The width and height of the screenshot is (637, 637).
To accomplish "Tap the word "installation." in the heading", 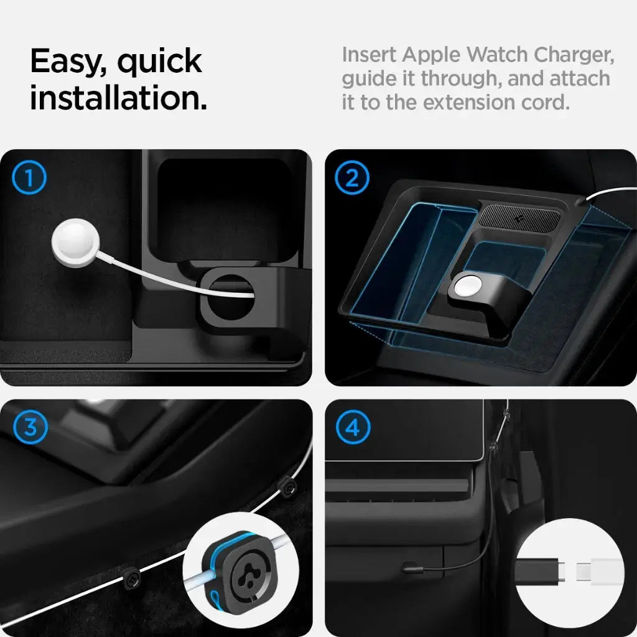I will [x=118, y=98].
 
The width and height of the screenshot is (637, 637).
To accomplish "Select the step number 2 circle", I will [x=352, y=179].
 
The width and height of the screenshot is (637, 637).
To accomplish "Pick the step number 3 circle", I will [x=29, y=427].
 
